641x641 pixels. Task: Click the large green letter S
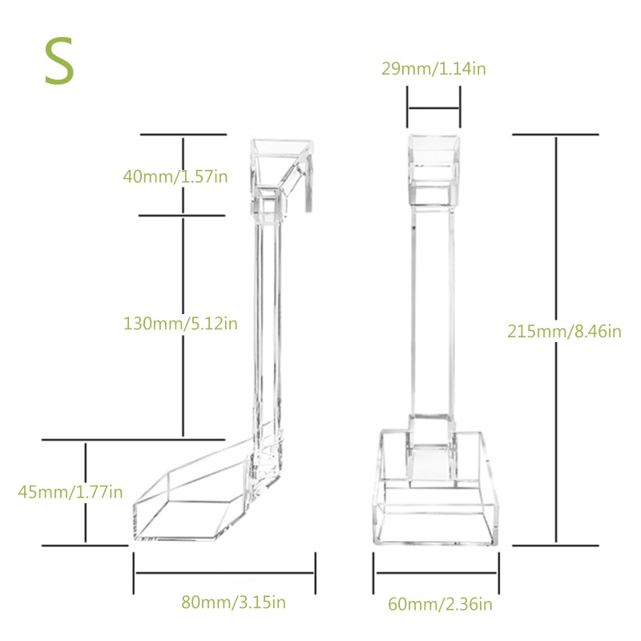59,61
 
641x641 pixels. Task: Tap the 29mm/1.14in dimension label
433,69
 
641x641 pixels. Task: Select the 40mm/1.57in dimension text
175,176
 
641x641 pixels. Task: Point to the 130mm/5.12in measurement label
180,324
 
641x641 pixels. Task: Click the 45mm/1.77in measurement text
71,492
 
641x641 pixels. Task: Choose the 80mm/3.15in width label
233,603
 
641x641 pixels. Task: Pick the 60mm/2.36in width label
440,604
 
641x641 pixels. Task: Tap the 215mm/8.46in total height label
564,331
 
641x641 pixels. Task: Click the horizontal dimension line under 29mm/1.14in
433,108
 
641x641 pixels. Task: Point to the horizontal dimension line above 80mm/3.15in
224,573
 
